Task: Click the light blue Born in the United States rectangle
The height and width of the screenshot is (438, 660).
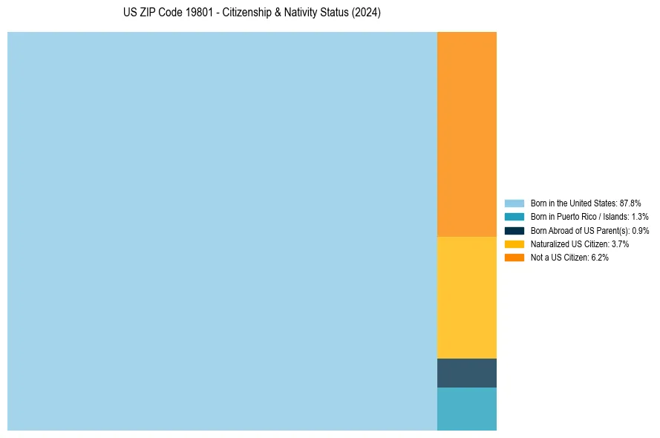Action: tap(222, 231)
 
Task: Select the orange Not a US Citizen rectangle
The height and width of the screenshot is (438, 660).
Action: tap(466, 134)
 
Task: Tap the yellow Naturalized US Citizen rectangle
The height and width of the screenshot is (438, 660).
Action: tap(466, 297)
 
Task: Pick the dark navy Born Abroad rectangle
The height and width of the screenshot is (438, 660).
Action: tap(466, 373)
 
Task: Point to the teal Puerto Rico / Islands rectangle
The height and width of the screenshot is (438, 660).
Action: tap(466, 408)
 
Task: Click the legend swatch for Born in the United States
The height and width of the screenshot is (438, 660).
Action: tap(514, 203)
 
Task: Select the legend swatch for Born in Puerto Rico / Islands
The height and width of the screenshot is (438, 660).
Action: tap(514, 217)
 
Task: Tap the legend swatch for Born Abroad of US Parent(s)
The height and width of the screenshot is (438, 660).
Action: tap(514, 230)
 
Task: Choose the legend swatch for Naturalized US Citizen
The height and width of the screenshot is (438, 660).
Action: tap(514, 243)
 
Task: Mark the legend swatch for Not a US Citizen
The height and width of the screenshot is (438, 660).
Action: tap(514, 258)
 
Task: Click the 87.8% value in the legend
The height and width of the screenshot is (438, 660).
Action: tap(630, 203)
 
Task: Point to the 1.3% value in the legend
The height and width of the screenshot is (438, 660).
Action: tap(639, 217)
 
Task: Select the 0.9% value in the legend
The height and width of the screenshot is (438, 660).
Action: tap(641, 230)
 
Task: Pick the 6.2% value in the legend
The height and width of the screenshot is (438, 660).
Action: tap(599, 258)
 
